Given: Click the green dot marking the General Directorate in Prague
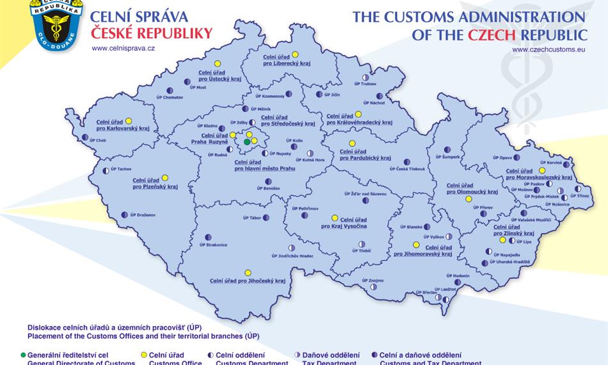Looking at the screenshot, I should pos(247,142).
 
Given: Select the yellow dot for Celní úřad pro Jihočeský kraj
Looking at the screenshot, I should pos(248,272).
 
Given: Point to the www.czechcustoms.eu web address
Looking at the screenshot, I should pos(548,48).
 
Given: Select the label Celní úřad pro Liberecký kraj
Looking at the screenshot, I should pos(285,60).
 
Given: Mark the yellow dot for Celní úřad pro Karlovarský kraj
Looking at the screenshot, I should pos(129,120).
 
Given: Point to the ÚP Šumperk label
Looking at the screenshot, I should pos(447,157).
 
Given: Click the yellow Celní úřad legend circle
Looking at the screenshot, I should pos(143,355).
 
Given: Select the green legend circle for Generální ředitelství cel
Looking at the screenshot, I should pos(24,355).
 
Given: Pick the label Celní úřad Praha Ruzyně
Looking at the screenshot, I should pos(214,138).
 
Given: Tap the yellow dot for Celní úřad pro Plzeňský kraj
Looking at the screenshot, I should pos(164,177).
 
